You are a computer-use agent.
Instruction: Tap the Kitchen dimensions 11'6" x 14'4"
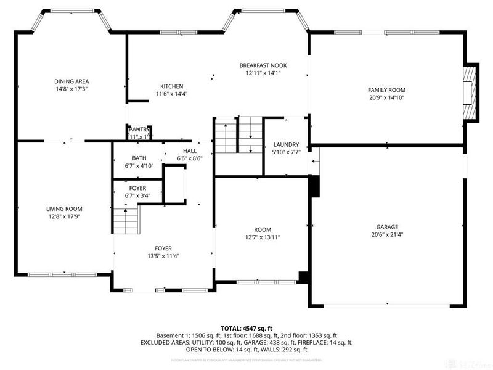click(171, 94)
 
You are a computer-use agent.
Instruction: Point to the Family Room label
click(386, 90)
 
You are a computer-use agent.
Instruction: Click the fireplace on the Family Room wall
click(471, 93)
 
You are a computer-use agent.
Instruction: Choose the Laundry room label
click(286, 145)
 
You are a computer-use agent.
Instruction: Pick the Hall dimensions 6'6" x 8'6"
click(190, 158)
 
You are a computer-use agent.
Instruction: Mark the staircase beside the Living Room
click(126, 219)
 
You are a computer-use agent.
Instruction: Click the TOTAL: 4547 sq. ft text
click(246, 327)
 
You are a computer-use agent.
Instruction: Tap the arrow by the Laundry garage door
click(316, 162)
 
